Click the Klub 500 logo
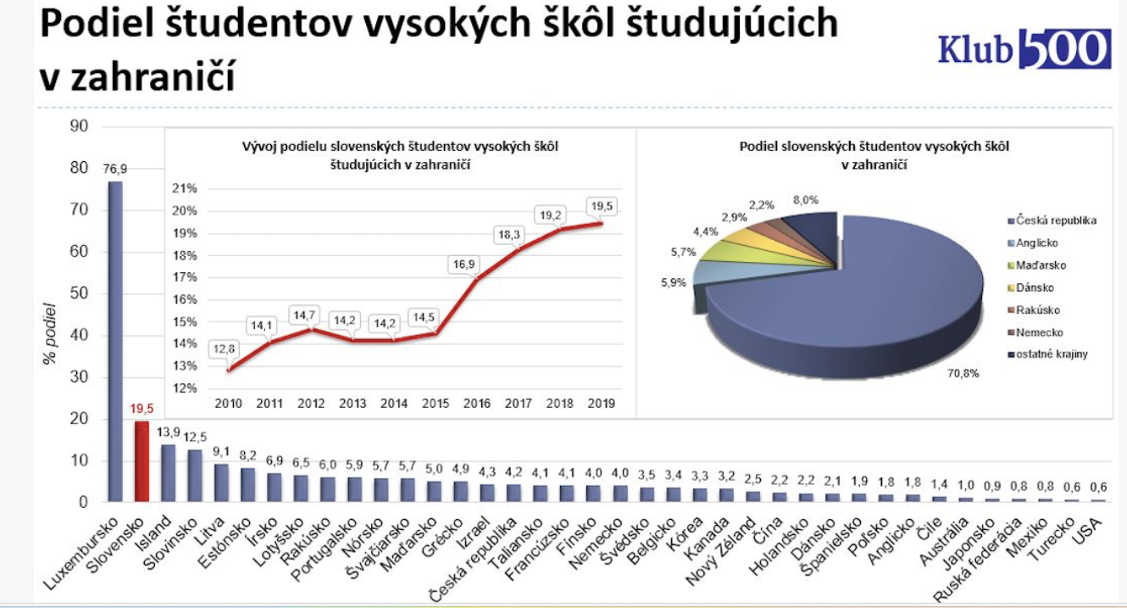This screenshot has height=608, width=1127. [1023, 48]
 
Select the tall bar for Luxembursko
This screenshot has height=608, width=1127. [114, 339]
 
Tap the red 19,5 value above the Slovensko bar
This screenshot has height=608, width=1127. [142, 409]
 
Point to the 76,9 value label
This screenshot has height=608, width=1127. [114, 169]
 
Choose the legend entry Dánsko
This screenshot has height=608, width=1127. [1035, 287]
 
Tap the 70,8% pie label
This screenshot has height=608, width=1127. [963, 372]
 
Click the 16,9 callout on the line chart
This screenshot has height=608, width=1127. [462, 264]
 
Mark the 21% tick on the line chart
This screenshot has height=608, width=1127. [186, 188]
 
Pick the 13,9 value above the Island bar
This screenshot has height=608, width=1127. [169, 433]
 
